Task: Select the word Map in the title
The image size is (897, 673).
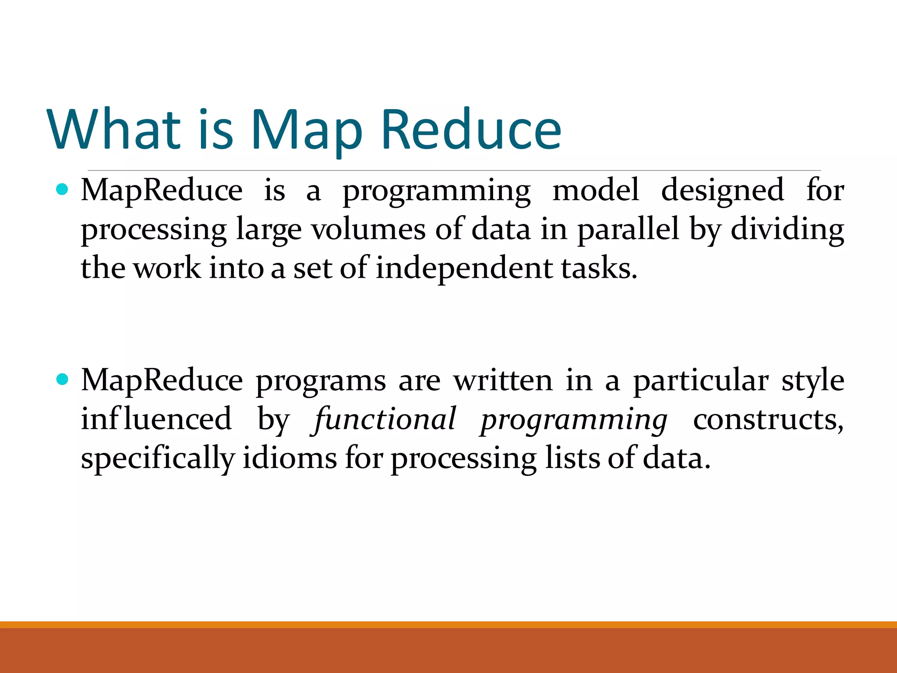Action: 306,131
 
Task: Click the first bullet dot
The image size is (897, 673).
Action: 63,190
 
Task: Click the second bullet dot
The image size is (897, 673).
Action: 63,379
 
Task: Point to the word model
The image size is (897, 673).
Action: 596,191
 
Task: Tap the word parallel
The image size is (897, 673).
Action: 628,230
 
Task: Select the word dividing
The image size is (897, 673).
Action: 787,230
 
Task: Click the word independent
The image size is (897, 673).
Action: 464,269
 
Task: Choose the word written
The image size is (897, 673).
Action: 503,380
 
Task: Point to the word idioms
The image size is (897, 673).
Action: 290,458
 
